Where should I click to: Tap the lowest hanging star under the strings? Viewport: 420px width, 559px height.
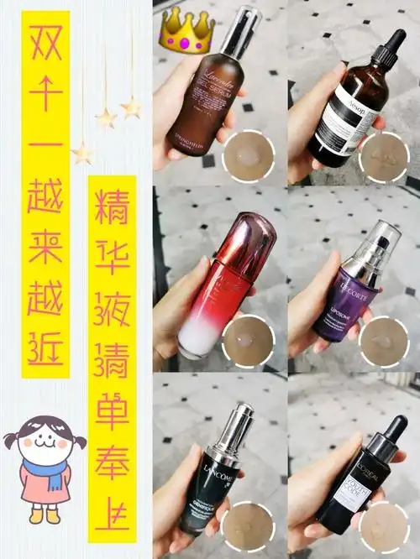click(x=81, y=154)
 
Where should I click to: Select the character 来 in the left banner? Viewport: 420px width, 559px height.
click(x=45, y=247)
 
